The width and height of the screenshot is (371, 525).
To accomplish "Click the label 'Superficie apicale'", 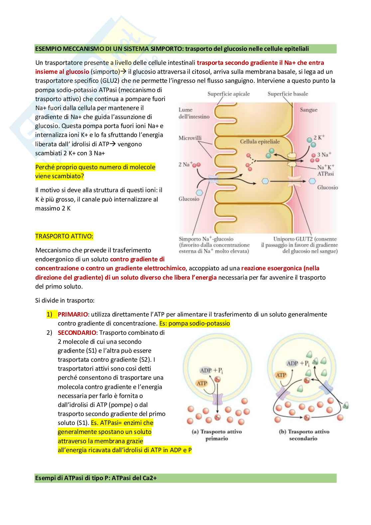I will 228,94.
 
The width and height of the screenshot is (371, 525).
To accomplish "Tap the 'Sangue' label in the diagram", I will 309,110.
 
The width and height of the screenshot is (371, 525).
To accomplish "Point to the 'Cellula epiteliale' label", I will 260,142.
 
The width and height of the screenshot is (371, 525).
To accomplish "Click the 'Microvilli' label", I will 190,138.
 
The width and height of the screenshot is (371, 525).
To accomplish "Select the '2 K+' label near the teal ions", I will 319,137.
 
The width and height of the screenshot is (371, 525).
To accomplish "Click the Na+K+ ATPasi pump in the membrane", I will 292,160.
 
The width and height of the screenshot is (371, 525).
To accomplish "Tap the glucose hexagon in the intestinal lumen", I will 199,193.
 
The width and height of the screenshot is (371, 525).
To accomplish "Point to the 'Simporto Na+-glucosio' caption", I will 206,239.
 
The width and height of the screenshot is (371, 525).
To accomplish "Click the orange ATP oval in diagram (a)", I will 201,383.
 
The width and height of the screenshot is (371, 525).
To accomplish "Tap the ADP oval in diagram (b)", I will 293,363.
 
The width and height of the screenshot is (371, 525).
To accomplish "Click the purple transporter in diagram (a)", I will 217,398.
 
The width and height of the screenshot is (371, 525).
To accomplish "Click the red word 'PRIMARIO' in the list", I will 73,314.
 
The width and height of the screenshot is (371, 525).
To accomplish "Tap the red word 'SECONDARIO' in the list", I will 77,332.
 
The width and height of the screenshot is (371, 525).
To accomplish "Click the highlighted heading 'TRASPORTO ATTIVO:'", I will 64,236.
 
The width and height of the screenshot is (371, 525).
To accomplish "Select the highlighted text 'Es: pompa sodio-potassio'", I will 194,324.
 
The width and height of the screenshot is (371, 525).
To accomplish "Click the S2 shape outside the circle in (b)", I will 345,405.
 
